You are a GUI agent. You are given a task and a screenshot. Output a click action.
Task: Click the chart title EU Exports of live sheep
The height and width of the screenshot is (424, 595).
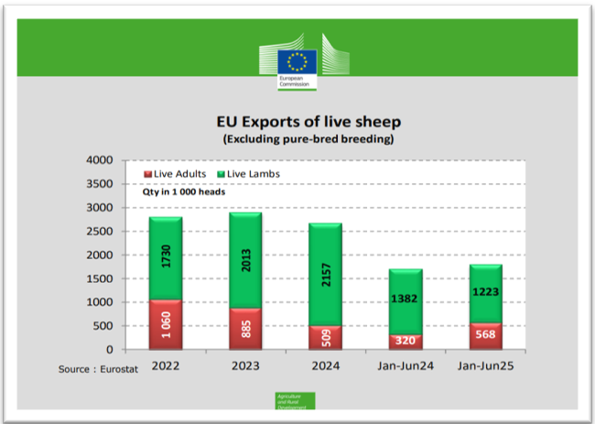(x=296, y=123)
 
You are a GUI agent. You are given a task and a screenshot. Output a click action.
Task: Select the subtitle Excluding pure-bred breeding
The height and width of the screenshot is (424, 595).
(x=296, y=139)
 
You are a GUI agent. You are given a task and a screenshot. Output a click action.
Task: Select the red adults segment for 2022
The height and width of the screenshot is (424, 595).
(x=167, y=324)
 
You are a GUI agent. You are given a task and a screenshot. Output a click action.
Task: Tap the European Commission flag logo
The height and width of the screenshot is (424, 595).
(x=297, y=62)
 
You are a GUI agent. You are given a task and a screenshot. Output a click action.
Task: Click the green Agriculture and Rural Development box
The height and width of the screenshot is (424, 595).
(x=295, y=400)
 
